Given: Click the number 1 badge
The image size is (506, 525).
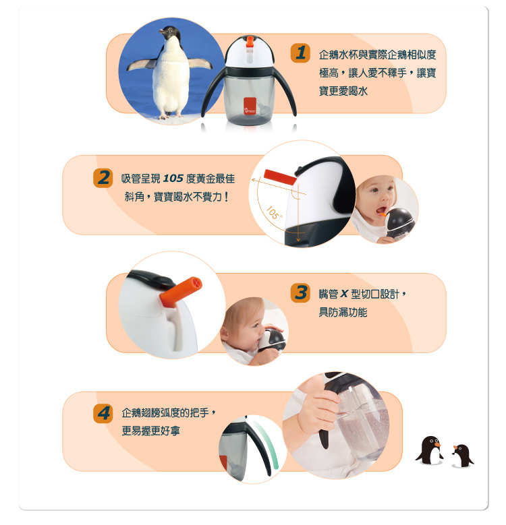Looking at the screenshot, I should (x=300, y=53).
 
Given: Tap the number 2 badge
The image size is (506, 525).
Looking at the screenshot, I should (x=103, y=178).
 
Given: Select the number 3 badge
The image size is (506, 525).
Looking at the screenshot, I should (x=300, y=293).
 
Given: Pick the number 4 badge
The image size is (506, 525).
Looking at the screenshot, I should (x=103, y=412).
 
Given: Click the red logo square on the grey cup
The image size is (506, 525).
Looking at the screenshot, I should (x=249, y=104).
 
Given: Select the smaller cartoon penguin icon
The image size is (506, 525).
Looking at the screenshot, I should (x=463, y=456).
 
